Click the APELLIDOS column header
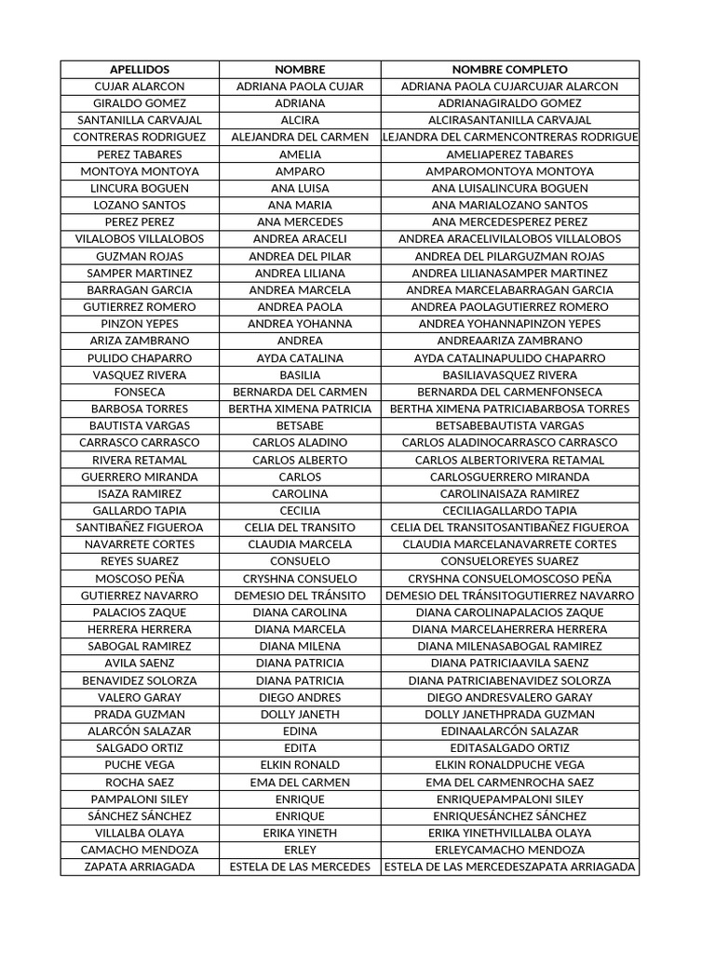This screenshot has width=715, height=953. coord(140,70)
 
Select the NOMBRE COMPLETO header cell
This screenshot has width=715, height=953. coord(509,70)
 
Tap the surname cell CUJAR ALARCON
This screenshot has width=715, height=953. coord(140,87)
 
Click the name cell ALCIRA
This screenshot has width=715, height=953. coord(300,120)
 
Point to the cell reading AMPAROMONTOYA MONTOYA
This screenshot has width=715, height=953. coord(509,171)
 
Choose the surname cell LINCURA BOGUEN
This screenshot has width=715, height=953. coord(140,188)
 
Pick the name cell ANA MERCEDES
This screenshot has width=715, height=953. coord(300,222)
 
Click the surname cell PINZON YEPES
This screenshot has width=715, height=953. coord(140,324)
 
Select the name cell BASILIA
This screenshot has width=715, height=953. coord(300,375)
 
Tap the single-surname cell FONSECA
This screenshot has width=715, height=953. coord(140,392)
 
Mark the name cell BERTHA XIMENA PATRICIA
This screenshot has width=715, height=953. coord(300,409)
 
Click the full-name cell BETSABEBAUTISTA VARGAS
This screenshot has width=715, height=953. coord(509,425)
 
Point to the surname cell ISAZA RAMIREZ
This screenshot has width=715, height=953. coord(140,493)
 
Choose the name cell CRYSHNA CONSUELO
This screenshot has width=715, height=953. coord(300,578)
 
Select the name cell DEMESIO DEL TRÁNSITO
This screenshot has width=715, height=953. coord(300,596)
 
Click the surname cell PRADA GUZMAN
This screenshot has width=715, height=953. coord(140,714)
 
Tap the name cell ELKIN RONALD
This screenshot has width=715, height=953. coord(300,765)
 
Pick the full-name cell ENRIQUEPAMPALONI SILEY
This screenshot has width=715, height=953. coord(509,799)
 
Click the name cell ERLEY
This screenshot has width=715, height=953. coord(300,850)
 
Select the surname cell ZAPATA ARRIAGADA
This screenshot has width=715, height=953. coord(140,866)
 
